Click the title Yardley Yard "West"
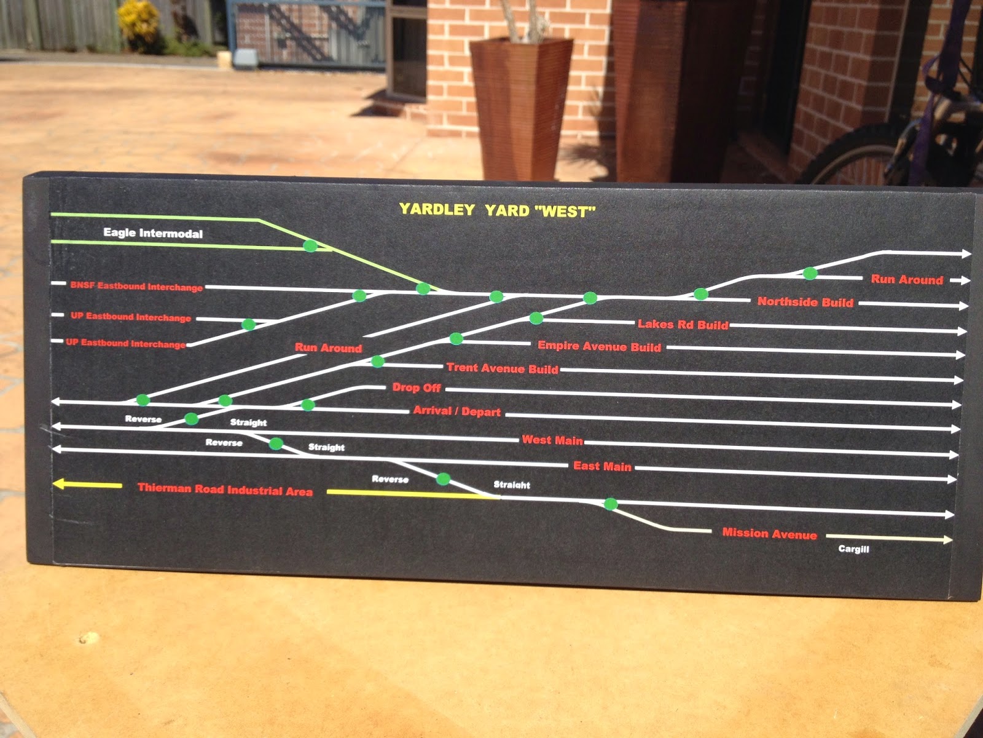point(497,210)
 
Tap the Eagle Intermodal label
point(153,233)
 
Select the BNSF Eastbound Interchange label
point(136,287)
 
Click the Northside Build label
point(805,302)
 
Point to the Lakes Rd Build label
point(683,325)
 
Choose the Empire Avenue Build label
point(600,346)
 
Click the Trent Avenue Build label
point(503,368)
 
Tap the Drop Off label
point(417,387)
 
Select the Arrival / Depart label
point(457,411)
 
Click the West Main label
point(552,440)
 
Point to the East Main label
point(602,466)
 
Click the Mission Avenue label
point(769,533)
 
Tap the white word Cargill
point(853,549)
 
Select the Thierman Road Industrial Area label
point(225,490)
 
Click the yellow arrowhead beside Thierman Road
point(60,484)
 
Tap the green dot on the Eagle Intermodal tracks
point(310,245)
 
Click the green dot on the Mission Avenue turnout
point(611,504)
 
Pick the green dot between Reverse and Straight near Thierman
point(444,479)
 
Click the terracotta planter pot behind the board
point(521,108)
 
